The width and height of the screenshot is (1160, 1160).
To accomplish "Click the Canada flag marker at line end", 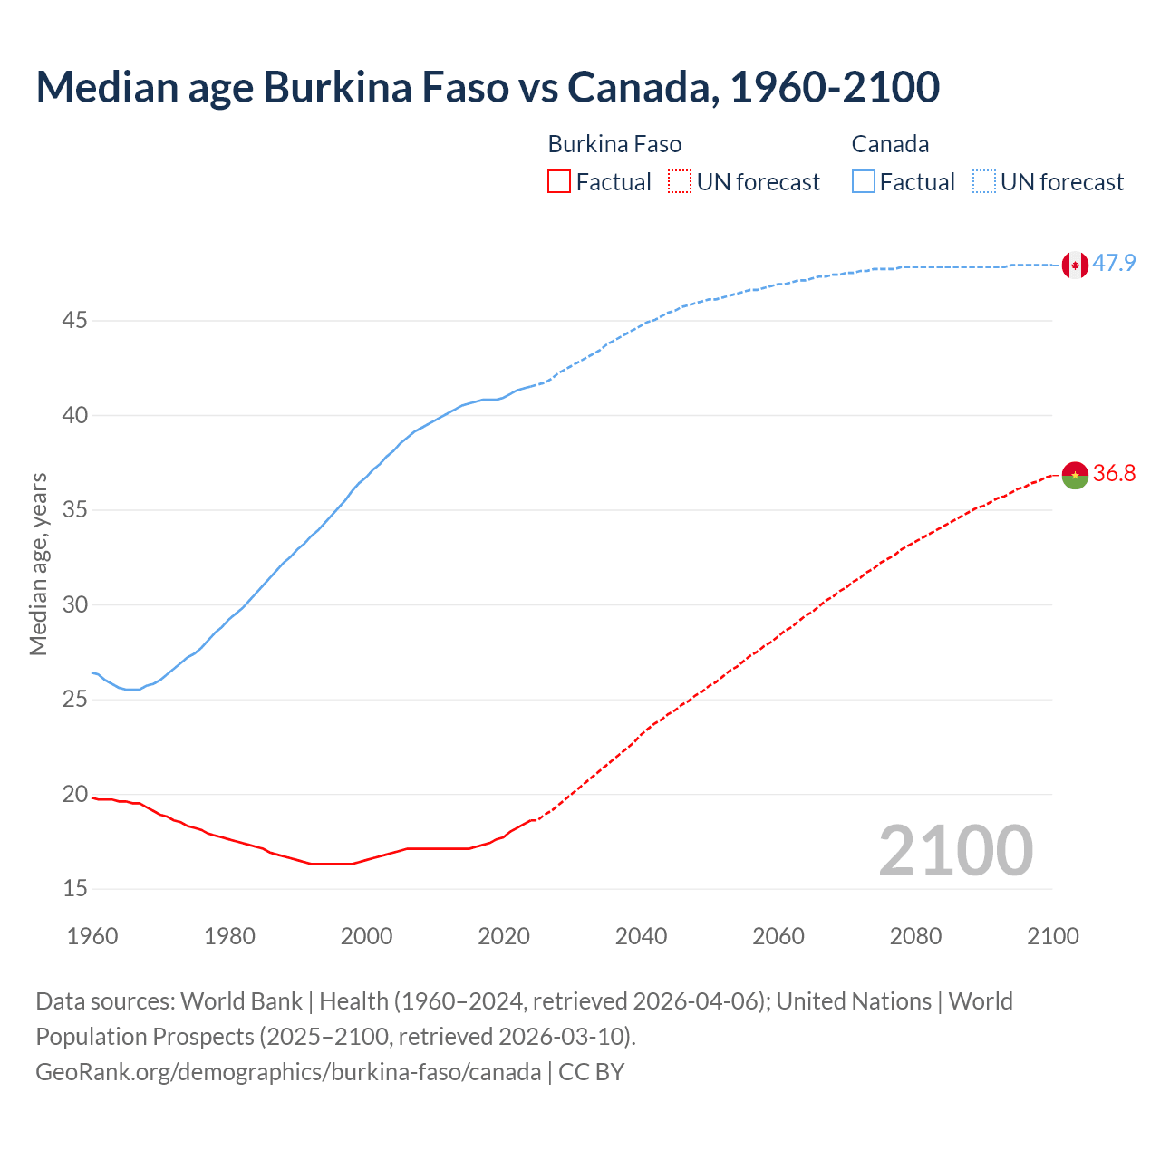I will tap(1075, 265).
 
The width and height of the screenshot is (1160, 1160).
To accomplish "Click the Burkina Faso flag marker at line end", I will tap(1075, 475).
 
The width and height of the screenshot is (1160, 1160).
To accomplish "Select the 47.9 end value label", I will tap(1114, 264).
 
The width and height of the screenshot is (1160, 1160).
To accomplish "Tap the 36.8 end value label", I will tap(1114, 474).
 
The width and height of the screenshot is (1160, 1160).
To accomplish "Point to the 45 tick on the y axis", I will tap(75, 321).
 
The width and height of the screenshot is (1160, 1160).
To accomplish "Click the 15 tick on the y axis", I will tap(75, 889).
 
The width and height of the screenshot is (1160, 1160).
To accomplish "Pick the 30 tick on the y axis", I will tap(75, 604).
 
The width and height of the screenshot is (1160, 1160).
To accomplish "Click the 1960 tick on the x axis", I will tap(92, 936).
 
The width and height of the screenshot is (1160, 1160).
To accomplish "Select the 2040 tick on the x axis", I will tap(641, 936).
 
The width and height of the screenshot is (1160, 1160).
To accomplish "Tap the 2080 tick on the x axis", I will tap(915, 936).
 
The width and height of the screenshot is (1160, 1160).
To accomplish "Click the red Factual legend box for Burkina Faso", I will tap(559, 182).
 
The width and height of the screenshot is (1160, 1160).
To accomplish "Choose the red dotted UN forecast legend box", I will tap(680, 182).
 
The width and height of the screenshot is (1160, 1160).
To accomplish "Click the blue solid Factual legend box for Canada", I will tap(863, 182).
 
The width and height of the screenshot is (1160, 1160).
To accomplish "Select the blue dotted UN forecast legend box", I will tap(983, 182).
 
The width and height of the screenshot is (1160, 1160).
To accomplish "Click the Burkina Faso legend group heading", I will tap(614, 145).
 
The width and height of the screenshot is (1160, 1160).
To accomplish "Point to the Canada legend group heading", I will tap(890, 145).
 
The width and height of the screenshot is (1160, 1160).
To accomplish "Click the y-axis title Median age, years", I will tap(38, 564).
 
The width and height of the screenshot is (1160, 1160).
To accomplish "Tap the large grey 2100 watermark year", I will tap(955, 851).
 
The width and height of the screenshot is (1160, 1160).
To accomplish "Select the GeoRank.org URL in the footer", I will tap(288, 1072).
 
